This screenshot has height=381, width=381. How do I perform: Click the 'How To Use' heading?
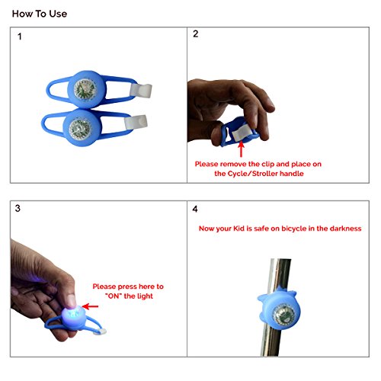coord(40,14)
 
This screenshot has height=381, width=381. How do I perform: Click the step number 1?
coord(20,37)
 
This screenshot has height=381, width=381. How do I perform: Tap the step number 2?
coord(195,34)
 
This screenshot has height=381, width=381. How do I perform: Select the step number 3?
coord(18,208)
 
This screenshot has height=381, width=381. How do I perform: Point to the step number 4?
coord(195,209)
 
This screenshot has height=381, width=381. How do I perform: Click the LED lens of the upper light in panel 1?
coord(85,89)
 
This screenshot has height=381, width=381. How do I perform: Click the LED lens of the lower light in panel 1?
coord(80,129)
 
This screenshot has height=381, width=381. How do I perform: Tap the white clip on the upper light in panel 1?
coord(141,91)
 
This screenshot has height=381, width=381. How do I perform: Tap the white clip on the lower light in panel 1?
coord(136,122)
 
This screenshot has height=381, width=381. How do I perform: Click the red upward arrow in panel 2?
coord(241,149)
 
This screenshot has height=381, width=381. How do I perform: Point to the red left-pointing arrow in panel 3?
coord(90,306)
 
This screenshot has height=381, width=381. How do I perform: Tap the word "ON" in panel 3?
coord(114,296)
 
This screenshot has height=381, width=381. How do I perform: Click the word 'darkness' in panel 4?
coord(345,229)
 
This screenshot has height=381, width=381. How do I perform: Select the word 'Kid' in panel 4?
coord(239,229)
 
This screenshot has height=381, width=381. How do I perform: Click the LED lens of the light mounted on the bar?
coord(284,315)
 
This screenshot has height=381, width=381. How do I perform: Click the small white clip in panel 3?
coord(101,331)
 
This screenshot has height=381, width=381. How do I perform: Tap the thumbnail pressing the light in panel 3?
coord(71,301)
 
